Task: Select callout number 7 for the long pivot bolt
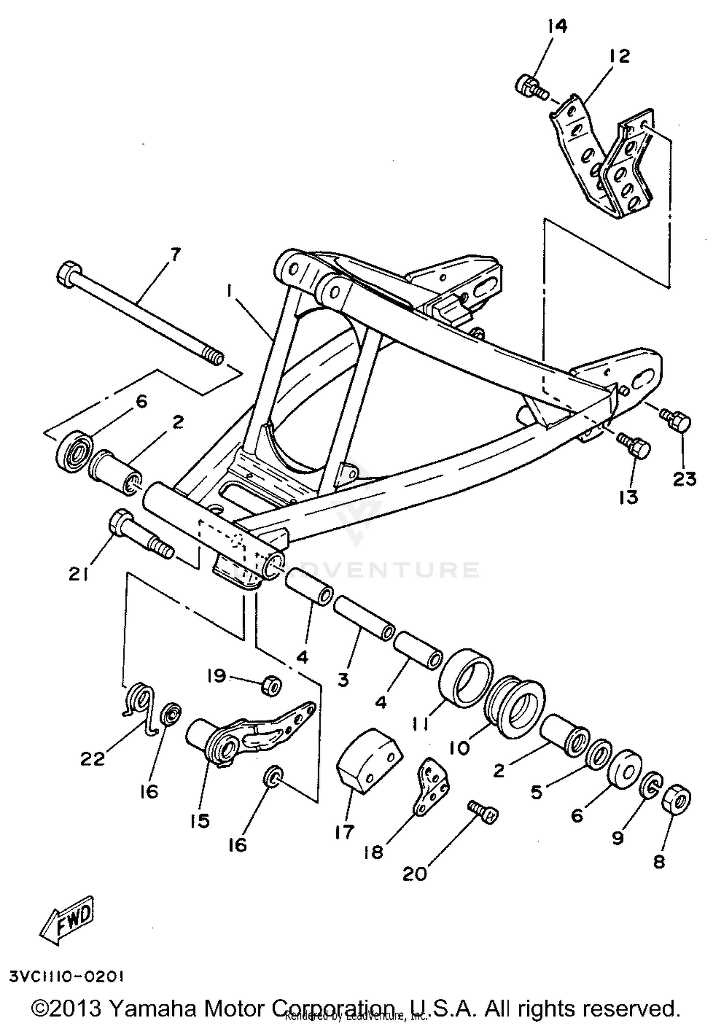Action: pos(175,255)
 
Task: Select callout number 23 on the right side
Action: pos(684,479)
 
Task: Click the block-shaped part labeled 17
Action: pos(368,762)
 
